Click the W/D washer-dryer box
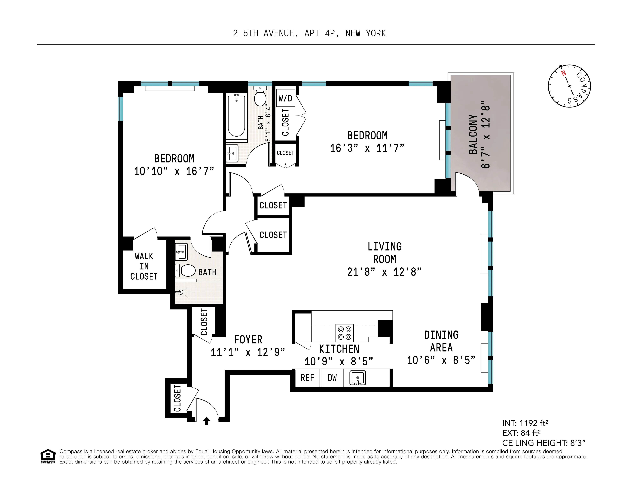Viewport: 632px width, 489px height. coord(285,98)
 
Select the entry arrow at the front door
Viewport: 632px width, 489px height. coord(206,421)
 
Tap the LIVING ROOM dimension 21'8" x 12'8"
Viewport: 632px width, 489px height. coord(384,272)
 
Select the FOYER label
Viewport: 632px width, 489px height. coord(248,339)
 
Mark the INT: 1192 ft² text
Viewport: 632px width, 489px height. coord(525,423)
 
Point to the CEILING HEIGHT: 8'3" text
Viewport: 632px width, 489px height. coord(544,443)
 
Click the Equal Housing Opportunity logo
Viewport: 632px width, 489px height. coord(48,456)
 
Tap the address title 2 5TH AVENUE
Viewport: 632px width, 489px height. coord(309,34)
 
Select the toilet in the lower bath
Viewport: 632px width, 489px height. coord(186,271)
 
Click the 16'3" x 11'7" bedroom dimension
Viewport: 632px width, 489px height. coord(367,148)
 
